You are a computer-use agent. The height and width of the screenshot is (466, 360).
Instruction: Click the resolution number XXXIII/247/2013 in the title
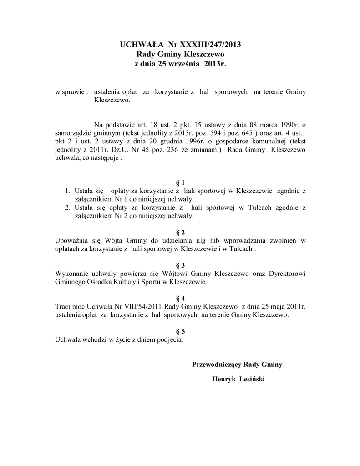210,45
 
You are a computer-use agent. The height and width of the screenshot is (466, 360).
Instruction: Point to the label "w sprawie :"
71,92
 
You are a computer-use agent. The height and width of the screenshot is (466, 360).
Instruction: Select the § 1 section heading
180,182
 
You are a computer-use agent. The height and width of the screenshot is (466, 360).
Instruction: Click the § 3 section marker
180,265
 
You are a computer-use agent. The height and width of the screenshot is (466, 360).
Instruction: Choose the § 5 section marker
180,331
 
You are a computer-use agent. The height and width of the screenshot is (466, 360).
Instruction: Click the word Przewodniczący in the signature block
217,364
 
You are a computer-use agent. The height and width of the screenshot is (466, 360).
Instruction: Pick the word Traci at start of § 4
62,306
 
